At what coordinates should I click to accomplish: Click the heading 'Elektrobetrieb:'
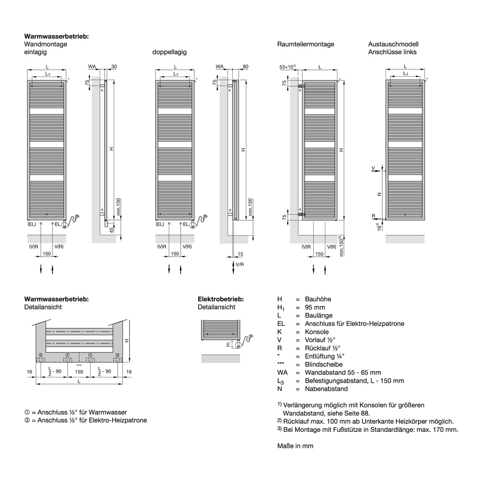(220, 299)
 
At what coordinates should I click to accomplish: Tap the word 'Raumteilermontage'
(306, 44)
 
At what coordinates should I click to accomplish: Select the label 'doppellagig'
(169, 52)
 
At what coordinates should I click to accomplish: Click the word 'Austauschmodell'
(393, 44)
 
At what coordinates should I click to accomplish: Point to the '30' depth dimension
(114, 66)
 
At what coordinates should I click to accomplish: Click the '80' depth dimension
(245, 66)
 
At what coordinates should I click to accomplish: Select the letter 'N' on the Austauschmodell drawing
(379, 194)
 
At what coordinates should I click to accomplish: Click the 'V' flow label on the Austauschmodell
(374, 168)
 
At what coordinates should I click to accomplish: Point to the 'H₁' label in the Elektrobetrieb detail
(228, 344)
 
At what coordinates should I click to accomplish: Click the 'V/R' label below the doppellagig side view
(240, 265)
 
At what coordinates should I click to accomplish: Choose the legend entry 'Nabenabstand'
(325, 388)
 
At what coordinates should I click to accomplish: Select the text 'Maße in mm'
(295, 446)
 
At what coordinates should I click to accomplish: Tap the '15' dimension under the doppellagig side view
(240, 254)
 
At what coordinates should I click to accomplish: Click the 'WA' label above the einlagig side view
(92, 66)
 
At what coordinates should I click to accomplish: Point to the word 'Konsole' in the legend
(317, 332)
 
